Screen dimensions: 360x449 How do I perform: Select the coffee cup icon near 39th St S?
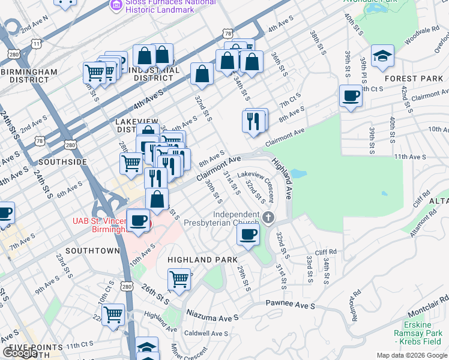[x=351, y=95]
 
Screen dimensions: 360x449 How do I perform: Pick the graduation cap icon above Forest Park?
[x=382, y=56]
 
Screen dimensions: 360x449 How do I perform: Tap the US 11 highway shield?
[x=38, y=44]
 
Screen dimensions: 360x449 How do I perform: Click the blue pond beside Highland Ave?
[x=298, y=175]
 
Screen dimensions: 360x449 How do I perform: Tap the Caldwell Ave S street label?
[x=206, y=334]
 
